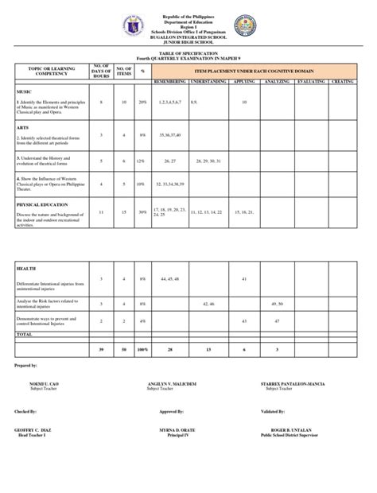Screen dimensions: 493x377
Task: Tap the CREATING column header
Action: point(341,81)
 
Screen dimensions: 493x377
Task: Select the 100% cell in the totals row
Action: point(142,349)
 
